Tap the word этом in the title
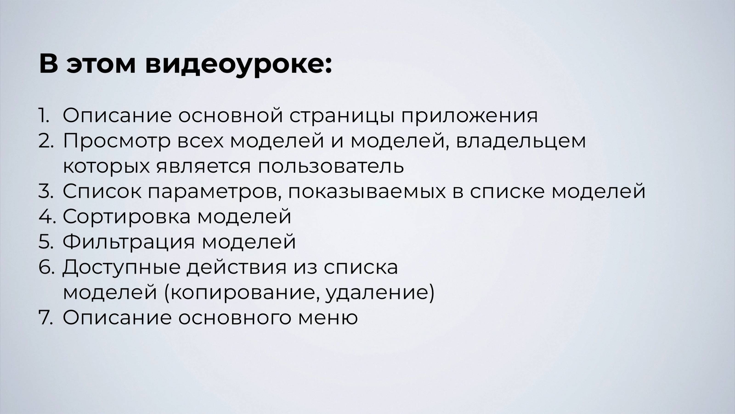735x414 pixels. click(101, 65)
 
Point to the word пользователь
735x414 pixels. click(331, 166)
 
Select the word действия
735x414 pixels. click(237, 267)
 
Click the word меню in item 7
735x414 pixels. click(328, 317)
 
